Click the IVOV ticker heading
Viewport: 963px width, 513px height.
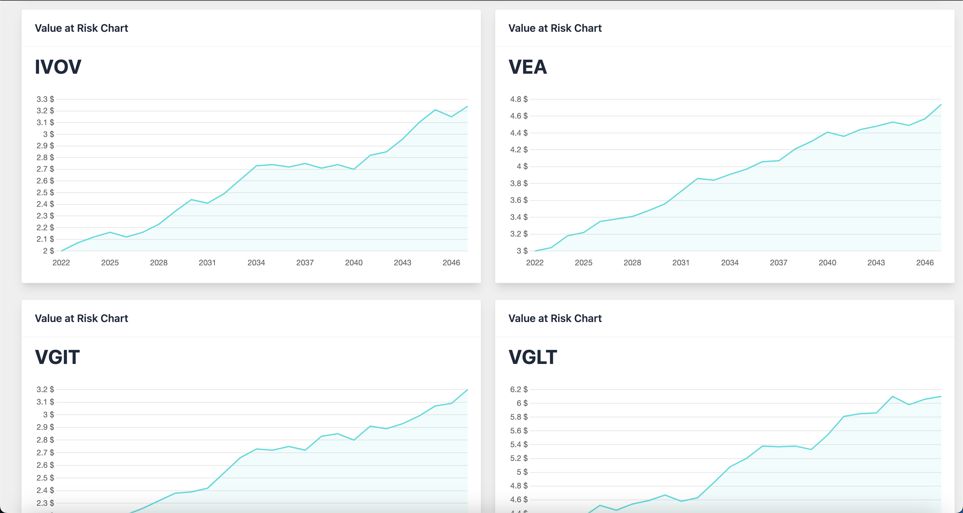[x=58, y=67]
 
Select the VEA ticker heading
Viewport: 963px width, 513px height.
[x=527, y=67]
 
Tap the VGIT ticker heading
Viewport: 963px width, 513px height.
[x=57, y=357]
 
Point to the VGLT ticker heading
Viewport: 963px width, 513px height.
[x=533, y=357]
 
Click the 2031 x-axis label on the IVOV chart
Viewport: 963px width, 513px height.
[x=207, y=262]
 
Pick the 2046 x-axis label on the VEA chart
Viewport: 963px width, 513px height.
[x=925, y=262]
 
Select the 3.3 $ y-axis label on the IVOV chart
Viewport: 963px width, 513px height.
[x=45, y=99]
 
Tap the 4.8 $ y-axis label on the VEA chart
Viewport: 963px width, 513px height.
[x=519, y=99]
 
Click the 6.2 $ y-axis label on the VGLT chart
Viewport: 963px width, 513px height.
[x=519, y=389]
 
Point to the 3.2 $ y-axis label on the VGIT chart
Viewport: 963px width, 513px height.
[x=45, y=389]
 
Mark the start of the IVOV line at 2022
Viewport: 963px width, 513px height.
[x=61, y=251]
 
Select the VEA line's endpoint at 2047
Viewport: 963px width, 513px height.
[x=941, y=105]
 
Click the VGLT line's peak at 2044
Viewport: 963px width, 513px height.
[x=893, y=396]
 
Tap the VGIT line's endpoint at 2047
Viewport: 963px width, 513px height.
[x=467, y=390]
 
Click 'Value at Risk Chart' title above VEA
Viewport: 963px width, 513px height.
[x=555, y=28]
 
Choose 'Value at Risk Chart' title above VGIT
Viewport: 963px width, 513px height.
[x=81, y=318]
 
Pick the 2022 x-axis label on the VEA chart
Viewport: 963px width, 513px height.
[x=535, y=262]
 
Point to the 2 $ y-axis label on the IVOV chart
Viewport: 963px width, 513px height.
[x=48, y=251]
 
